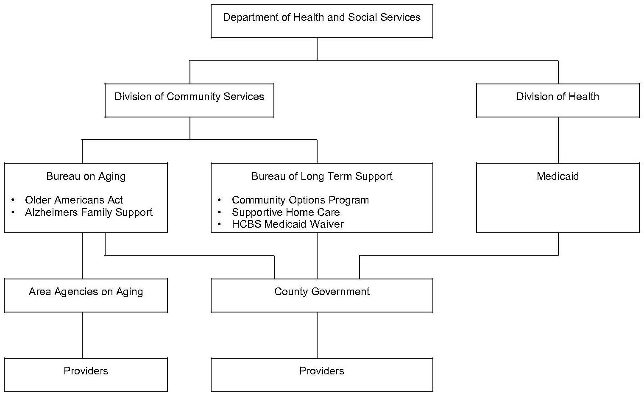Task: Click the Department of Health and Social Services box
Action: click(322, 21)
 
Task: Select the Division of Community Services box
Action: click(189, 100)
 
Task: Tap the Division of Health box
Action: click(558, 100)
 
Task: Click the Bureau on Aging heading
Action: click(86, 176)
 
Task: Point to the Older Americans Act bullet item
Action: click(74, 200)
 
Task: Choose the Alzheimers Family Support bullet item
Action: click(89, 212)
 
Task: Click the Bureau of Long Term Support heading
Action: click(322, 176)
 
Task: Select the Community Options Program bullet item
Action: click(300, 200)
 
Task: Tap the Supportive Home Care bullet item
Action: click(286, 212)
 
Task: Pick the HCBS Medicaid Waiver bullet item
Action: click(287, 224)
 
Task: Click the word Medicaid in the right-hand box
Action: click(558, 176)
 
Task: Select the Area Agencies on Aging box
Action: click(86, 295)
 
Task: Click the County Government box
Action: click(322, 295)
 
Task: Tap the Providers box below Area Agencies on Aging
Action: click(86, 374)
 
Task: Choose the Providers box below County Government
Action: click(322, 374)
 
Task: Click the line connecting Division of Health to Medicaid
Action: click(558, 140)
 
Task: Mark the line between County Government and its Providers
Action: click(317, 335)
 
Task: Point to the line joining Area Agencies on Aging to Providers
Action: click(82, 335)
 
